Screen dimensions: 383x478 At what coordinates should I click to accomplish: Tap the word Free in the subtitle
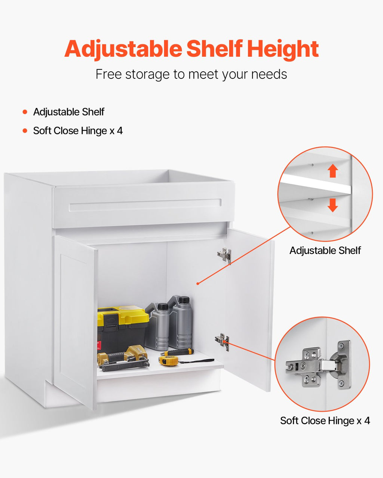108,74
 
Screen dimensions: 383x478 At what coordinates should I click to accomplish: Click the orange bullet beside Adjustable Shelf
25,112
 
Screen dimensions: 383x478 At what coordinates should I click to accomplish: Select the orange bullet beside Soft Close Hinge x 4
25,131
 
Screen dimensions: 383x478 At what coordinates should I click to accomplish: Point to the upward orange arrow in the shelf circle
333,171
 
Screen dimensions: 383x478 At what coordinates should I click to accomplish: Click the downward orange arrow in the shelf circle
333,205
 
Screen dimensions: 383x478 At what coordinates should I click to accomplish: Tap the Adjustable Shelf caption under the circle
325,251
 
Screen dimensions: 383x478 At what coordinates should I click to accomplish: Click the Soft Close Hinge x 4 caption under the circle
325,421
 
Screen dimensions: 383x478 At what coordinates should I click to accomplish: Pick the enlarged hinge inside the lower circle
318,365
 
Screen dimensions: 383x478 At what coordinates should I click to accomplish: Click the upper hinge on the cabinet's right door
224,256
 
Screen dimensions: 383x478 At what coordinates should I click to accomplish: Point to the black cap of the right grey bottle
184,300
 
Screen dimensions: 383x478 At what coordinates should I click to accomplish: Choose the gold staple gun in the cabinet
123,359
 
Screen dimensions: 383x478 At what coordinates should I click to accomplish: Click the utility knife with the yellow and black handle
177,352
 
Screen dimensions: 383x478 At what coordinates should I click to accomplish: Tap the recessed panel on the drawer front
145,205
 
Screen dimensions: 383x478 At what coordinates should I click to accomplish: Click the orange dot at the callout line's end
198,283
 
